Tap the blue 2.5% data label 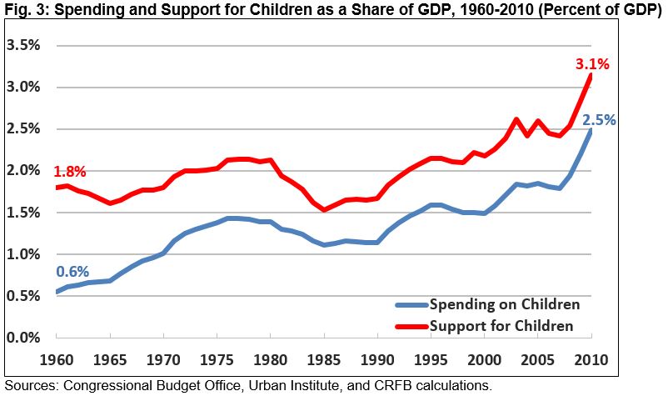(598, 120)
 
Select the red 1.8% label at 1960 (70, 173)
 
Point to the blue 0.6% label (72, 271)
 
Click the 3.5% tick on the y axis (22, 45)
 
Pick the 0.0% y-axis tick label (22, 338)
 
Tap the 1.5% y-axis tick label (22, 213)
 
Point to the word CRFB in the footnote (383, 385)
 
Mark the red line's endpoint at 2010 (591, 75)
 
